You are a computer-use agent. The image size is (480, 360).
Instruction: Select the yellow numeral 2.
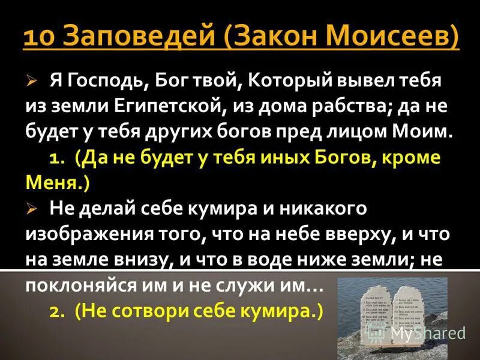(56, 312)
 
